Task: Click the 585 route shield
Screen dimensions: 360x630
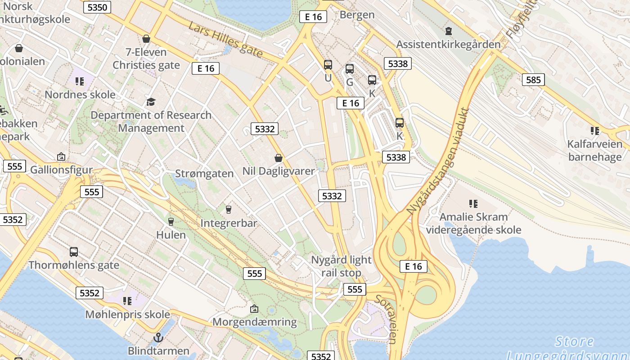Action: coord(533,80)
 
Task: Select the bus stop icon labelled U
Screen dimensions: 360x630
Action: coord(328,65)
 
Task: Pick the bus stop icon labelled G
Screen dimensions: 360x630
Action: coord(350,69)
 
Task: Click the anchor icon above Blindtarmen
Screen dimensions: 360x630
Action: coord(158,337)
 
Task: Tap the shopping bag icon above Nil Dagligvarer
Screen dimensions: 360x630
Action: coord(279,158)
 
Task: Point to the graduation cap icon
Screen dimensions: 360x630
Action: coord(151,102)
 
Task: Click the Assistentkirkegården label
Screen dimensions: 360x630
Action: coord(448,45)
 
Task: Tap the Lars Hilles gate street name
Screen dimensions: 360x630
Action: coord(225,40)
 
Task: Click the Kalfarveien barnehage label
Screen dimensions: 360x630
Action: coord(594,150)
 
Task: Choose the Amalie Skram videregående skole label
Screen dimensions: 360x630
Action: coord(473,223)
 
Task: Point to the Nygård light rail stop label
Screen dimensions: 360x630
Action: coord(342,266)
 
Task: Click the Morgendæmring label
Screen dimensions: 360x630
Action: coord(254,322)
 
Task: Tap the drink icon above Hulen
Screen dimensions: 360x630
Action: coord(171,221)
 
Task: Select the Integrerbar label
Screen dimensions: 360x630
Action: coord(229,223)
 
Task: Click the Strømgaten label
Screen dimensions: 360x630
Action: coord(204,174)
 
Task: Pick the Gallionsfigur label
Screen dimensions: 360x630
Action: coord(61,170)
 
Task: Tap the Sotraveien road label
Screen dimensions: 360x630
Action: coord(386,319)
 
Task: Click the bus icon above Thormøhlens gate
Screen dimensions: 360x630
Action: coord(74,252)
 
